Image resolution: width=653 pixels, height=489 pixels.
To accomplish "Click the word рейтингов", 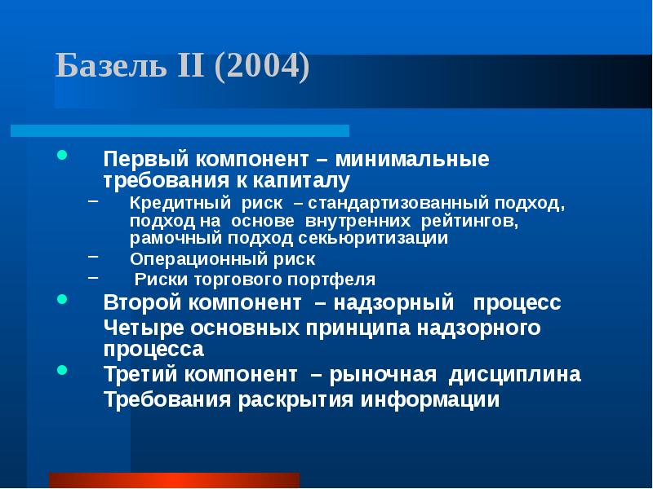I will point(471,220).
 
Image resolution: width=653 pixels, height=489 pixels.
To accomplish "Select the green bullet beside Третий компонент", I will point(63,370).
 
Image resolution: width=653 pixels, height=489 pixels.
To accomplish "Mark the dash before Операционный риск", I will point(93,256).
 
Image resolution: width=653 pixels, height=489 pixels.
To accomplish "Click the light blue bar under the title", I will point(180,130).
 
